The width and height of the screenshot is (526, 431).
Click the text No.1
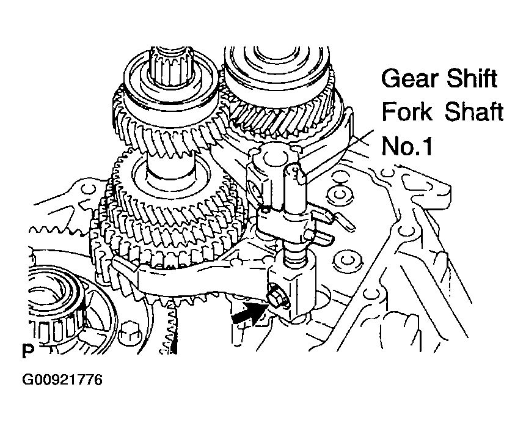click(406, 146)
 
